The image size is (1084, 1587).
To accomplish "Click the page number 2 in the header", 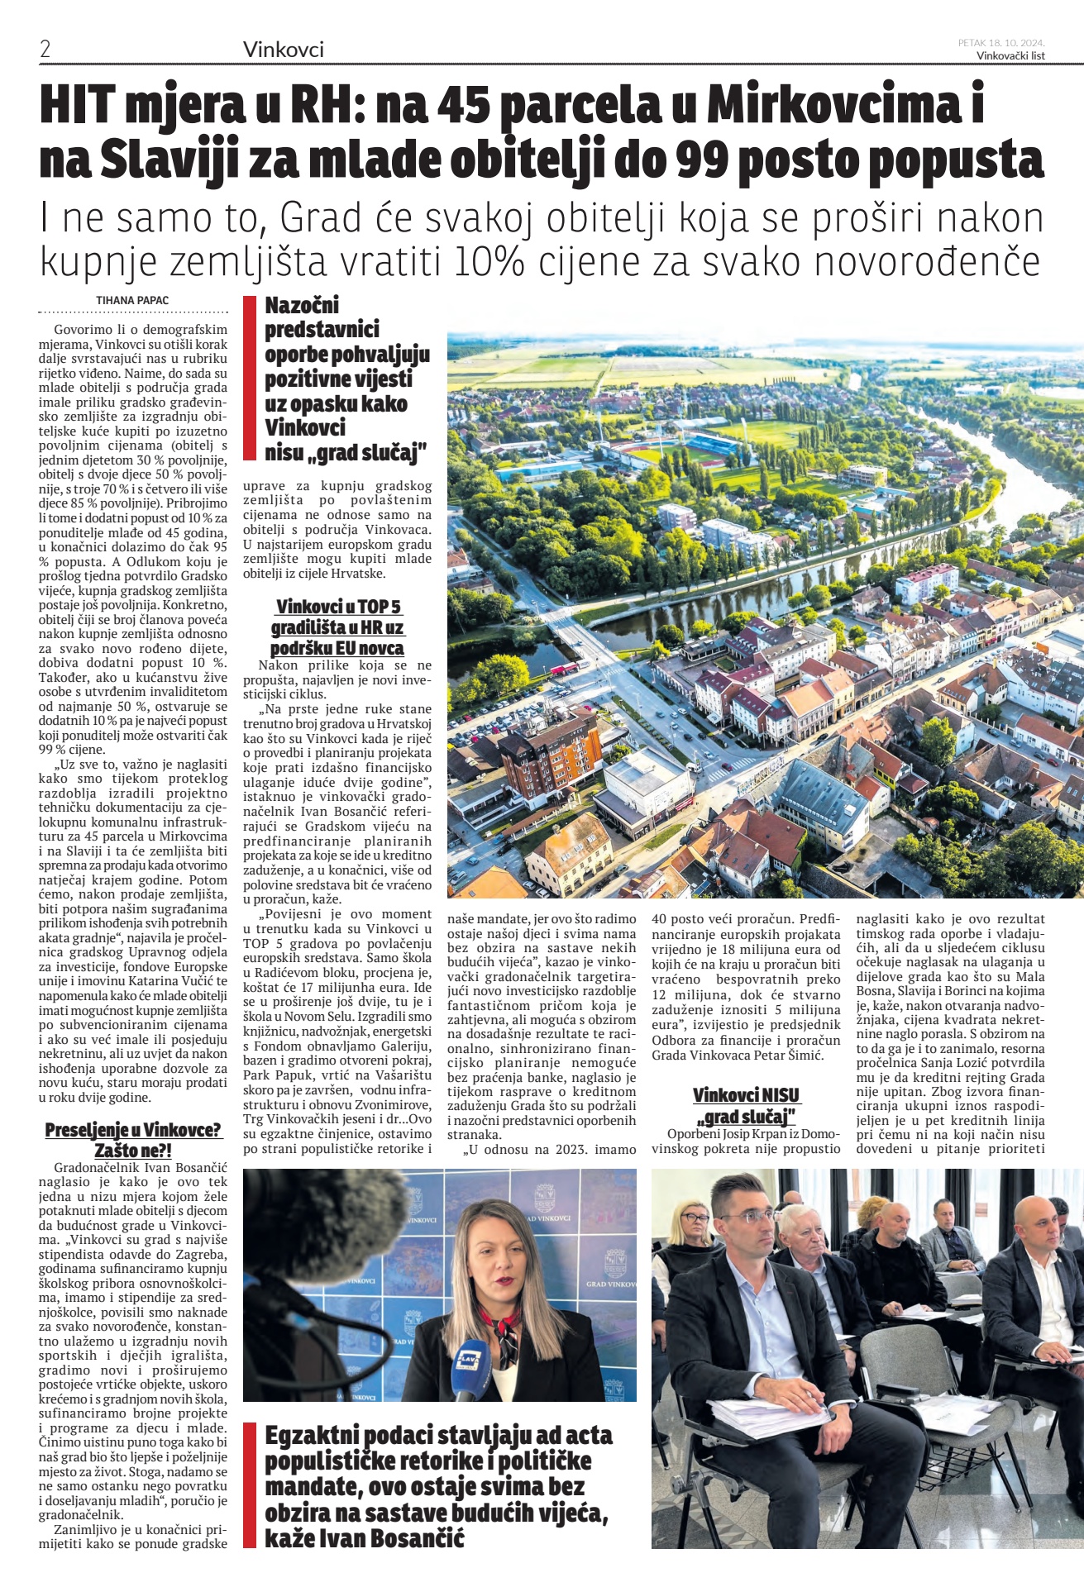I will [x=45, y=50].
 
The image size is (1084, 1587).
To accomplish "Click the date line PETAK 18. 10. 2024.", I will [x=1000, y=42].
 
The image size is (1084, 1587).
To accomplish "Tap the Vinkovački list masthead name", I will [x=1010, y=56].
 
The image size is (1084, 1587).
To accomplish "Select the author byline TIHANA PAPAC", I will [x=133, y=300].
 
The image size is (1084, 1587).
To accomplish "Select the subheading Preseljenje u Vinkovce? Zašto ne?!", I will [x=133, y=1139].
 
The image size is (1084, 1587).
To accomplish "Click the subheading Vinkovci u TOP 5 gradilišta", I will [x=337, y=627].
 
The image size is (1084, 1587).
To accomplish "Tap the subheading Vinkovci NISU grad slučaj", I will [x=746, y=1106].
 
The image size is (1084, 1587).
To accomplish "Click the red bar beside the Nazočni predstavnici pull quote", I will [x=247, y=380].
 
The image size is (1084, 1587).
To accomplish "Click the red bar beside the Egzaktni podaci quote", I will [x=247, y=1485].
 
